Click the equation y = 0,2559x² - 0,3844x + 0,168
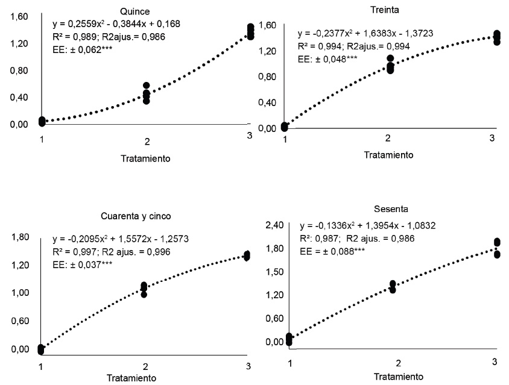coord(116,24)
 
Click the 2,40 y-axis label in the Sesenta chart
coord(274,225)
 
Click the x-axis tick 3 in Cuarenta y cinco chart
coord(248,366)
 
